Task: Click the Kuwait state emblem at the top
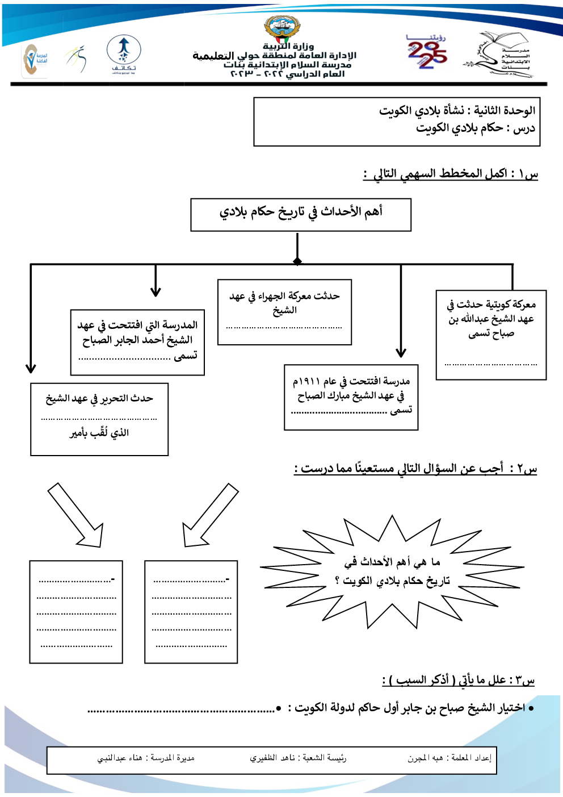pos(282,28)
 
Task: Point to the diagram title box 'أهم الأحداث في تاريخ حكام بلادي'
pos(301,214)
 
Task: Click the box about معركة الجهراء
pos(284,312)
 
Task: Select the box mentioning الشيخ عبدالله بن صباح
pos(491,334)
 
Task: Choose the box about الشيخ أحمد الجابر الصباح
pos(137,342)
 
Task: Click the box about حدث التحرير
pos(99,419)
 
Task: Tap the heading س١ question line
pos(451,174)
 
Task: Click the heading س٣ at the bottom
pos(458,680)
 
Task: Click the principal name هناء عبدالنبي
pos(120,758)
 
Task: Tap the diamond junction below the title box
pos(297,261)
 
